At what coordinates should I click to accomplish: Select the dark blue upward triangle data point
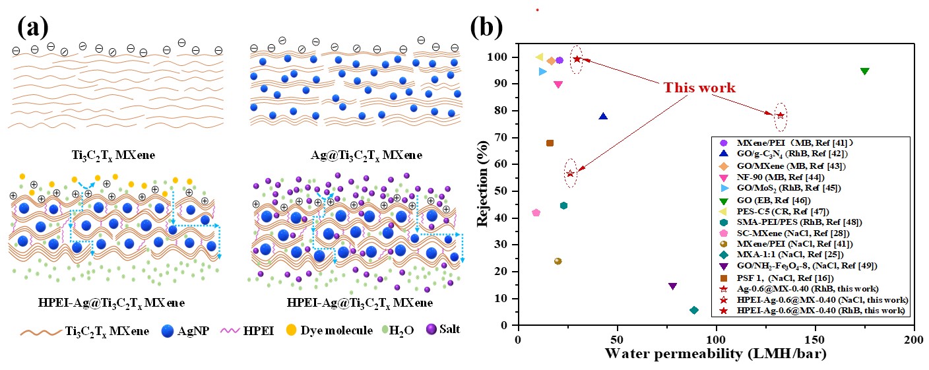click(x=603, y=117)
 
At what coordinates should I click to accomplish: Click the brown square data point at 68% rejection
click(x=550, y=143)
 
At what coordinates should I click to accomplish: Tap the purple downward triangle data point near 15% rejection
click(x=672, y=286)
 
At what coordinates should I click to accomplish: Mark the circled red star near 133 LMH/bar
click(x=781, y=115)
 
